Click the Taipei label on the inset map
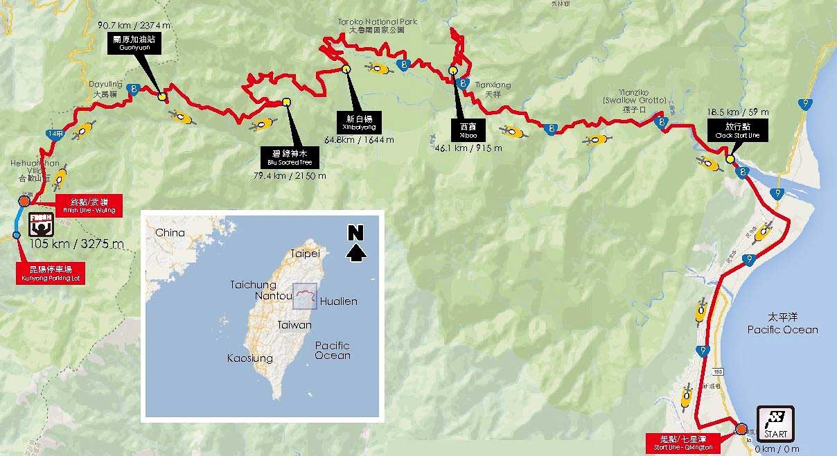pos(306,253)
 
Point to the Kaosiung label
pos(249,358)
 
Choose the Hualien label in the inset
pos(339,301)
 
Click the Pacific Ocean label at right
pos(782,324)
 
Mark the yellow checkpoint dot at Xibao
pos(452,70)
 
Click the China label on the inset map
pos(170,233)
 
